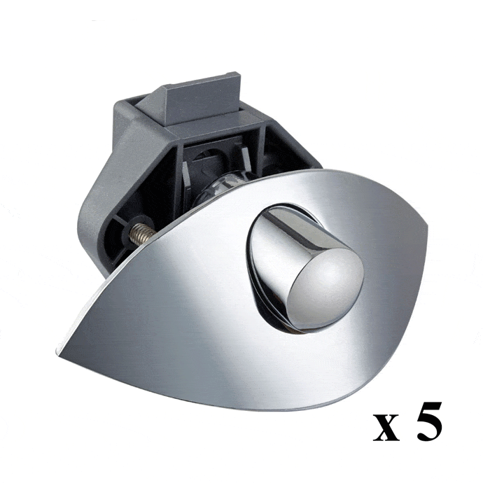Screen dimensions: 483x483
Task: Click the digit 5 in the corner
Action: [429, 421]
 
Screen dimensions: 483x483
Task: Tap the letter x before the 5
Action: [386, 426]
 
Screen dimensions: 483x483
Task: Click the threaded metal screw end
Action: [141, 233]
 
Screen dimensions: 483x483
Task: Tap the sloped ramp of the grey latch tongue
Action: [151, 101]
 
